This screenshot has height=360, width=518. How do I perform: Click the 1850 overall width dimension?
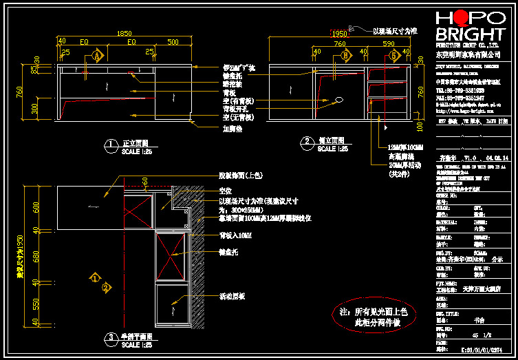124,33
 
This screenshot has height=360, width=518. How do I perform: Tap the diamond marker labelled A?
97,54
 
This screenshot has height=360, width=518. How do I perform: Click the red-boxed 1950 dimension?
340,33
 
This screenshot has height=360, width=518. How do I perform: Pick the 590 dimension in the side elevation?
388,43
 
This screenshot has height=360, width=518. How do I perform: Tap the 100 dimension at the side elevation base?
420,126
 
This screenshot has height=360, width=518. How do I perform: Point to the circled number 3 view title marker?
111,337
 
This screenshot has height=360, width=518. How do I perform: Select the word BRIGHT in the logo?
469,35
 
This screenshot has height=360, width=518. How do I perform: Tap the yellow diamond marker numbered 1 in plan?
94,277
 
